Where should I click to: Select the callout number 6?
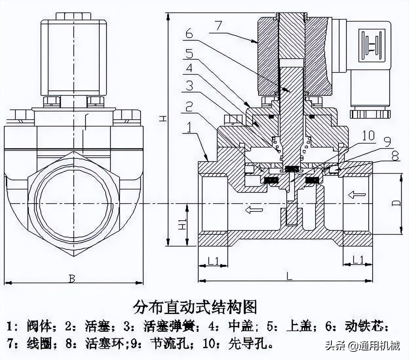[189, 34]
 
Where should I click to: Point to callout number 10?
[368, 135]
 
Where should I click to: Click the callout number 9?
[387, 142]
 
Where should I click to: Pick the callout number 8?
[396, 156]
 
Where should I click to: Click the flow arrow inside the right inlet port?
[357, 195]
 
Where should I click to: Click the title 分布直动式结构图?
[195, 307]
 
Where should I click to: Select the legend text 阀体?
[39, 327]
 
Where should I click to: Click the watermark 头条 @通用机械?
[362, 346]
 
